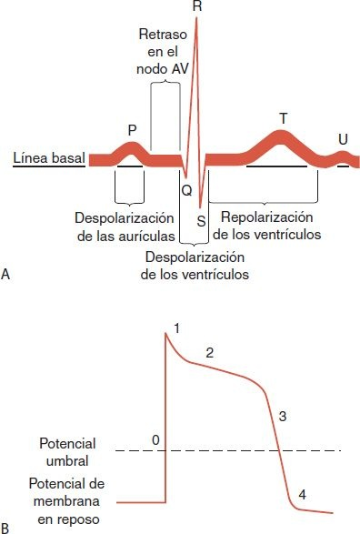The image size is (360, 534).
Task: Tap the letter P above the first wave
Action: click(132, 130)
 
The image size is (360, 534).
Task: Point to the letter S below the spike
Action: click(201, 221)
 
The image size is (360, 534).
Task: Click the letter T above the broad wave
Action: click(283, 118)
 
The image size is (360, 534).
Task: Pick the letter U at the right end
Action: click(342, 139)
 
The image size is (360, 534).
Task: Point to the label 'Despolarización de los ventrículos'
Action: click(196, 265)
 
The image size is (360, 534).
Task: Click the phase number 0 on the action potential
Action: click(156, 440)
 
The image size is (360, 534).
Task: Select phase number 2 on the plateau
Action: click(209, 352)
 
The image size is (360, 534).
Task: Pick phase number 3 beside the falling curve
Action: click(283, 417)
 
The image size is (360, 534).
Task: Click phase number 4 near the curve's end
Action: click(302, 495)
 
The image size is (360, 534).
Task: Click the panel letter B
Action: click(7, 526)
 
